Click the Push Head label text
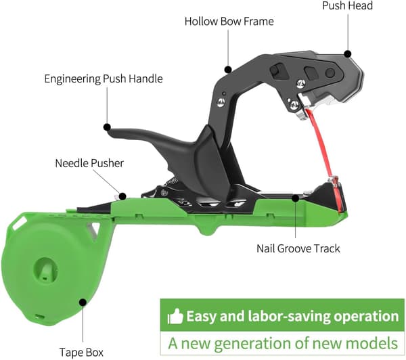pyautogui.click(x=347, y=5)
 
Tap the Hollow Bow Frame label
pyautogui.click(x=229, y=21)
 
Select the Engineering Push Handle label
pyautogui.click(x=104, y=78)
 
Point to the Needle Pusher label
pyautogui.click(x=89, y=163)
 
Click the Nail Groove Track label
pyautogui.click(x=298, y=248)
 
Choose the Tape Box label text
pyautogui.click(x=81, y=353)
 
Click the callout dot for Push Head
pyautogui.click(x=348, y=54)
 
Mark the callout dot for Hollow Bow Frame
pyautogui.click(x=228, y=70)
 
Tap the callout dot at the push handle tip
pyautogui.click(x=107, y=127)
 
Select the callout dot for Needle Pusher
pyautogui.click(x=122, y=196)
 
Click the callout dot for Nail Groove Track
pyautogui.click(x=296, y=198)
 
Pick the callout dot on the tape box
pyautogui.click(x=83, y=302)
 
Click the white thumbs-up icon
pyautogui.click(x=175, y=316)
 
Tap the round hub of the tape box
pyautogui.click(x=45, y=270)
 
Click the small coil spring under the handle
pyautogui.click(x=173, y=181)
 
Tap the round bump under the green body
pyautogui.click(x=208, y=230)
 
